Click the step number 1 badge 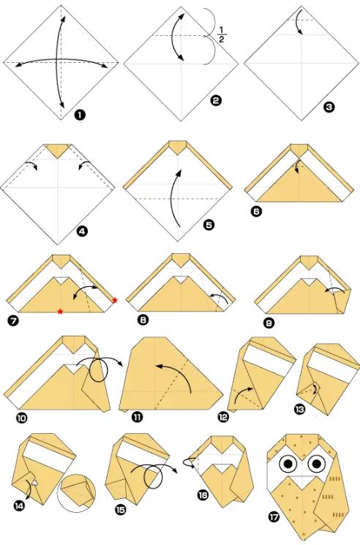click(x=80, y=115)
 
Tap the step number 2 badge click(x=216, y=100)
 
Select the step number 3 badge click(x=329, y=107)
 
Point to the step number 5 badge click(x=209, y=225)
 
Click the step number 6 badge click(x=256, y=211)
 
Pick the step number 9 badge click(x=269, y=323)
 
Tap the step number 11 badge click(x=138, y=417)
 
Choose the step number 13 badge click(x=299, y=409)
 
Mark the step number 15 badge click(x=120, y=510)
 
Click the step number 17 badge click(x=274, y=517)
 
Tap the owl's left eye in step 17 click(x=288, y=463)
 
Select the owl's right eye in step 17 click(x=317, y=463)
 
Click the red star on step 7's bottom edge click(x=61, y=311)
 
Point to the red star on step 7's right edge click(x=115, y=300)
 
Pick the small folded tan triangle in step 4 click(x=58, y=150)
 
